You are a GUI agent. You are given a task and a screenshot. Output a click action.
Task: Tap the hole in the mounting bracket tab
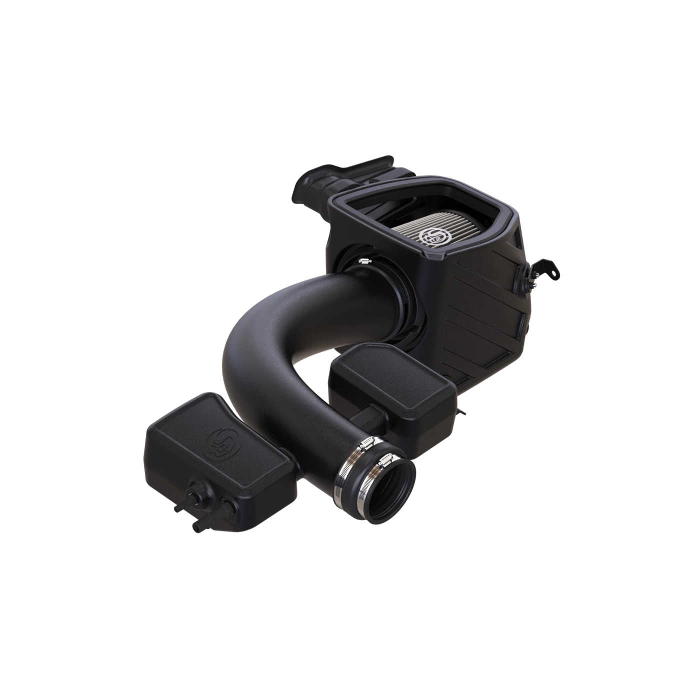pyautogui.click(x=553, y=273)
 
